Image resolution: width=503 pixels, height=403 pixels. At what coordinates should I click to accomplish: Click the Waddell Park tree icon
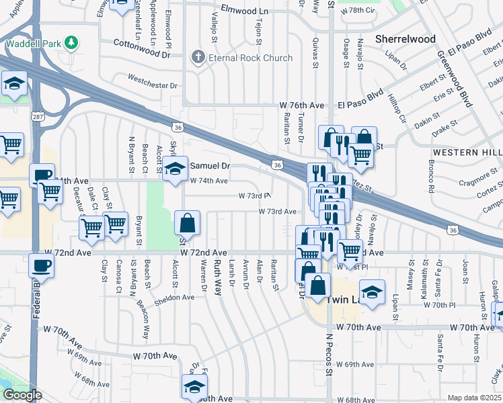click(x=69, y=44)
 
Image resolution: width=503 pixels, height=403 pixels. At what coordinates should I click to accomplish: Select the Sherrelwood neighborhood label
click(x=405, y=39)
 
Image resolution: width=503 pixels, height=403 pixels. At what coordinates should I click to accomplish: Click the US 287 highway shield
click(x=36, y=117)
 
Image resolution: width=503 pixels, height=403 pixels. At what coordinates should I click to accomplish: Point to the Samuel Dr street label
click(x=210, y=165)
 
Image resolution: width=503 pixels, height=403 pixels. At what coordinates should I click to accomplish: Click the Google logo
click(x=22, y=395)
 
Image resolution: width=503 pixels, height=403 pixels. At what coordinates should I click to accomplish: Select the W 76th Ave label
click(x=302, y=106)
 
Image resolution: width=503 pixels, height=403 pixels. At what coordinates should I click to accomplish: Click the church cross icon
click(x=198, y=58)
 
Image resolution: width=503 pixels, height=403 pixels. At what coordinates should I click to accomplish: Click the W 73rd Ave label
click(x=278, y=212)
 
